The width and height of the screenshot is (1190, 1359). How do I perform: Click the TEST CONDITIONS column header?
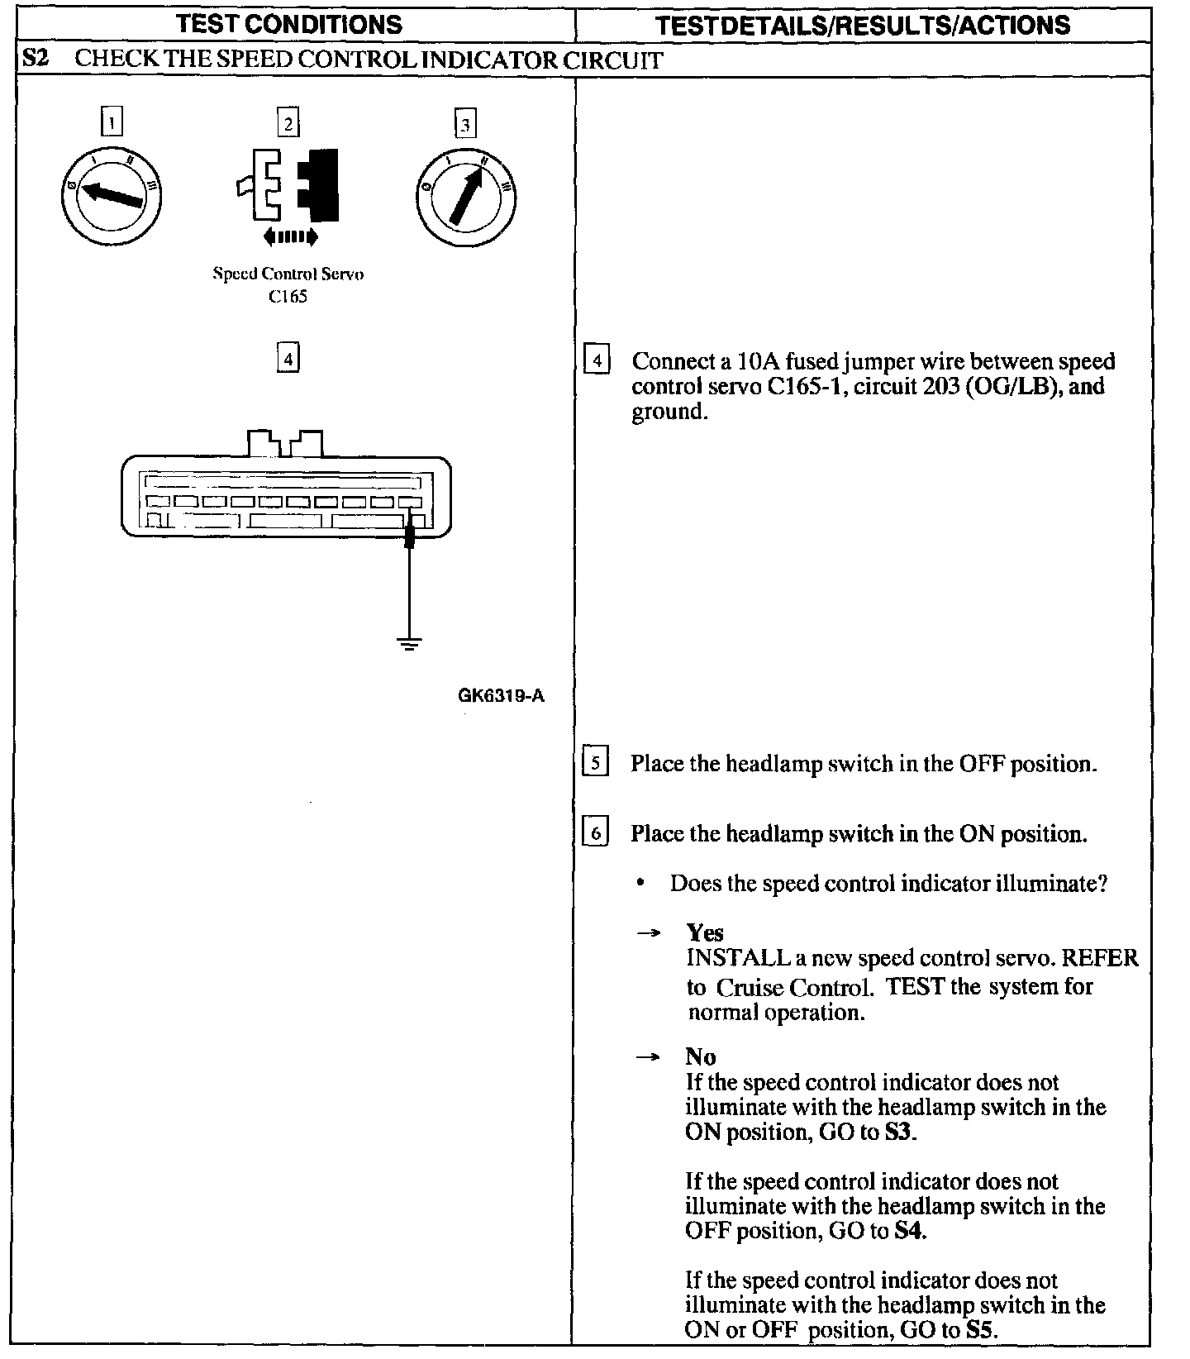pos(289,24)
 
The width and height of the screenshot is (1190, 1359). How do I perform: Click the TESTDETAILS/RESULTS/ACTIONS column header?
pos(863,25)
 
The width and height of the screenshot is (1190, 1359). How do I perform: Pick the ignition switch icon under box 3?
pos(465,197)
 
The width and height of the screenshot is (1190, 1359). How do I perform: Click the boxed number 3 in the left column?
pos(465,124)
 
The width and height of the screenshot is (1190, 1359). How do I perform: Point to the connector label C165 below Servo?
pos(288,297)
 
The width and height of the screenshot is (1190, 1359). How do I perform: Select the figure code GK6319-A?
pos(501,695)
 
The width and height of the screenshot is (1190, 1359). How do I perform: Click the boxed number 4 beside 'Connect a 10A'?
pos(597,361)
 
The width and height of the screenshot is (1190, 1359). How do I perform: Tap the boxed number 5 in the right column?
pos(595,762)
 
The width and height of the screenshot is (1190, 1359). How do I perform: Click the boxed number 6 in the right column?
pos(595,832)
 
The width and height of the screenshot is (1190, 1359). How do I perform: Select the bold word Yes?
pos(705,932)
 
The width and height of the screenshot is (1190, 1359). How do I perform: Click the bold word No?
pos(700,1056)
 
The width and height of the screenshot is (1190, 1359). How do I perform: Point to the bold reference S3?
pos(898,1132)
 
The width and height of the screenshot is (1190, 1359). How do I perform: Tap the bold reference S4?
pos(910,1231)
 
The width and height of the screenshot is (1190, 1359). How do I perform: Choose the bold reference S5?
pos(981,1330)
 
